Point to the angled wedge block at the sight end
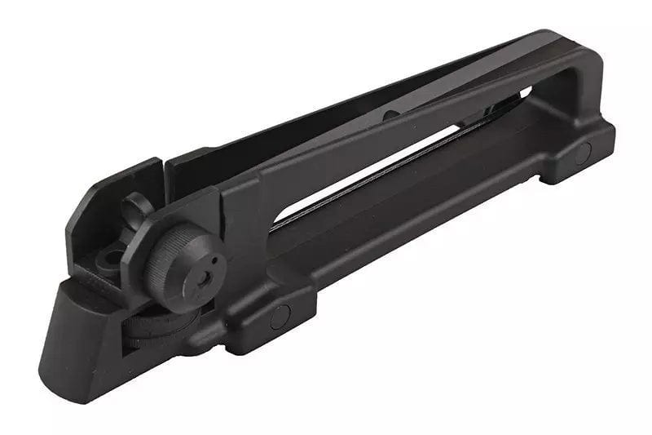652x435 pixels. [73, 326]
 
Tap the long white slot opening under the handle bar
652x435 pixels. [391, 163]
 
